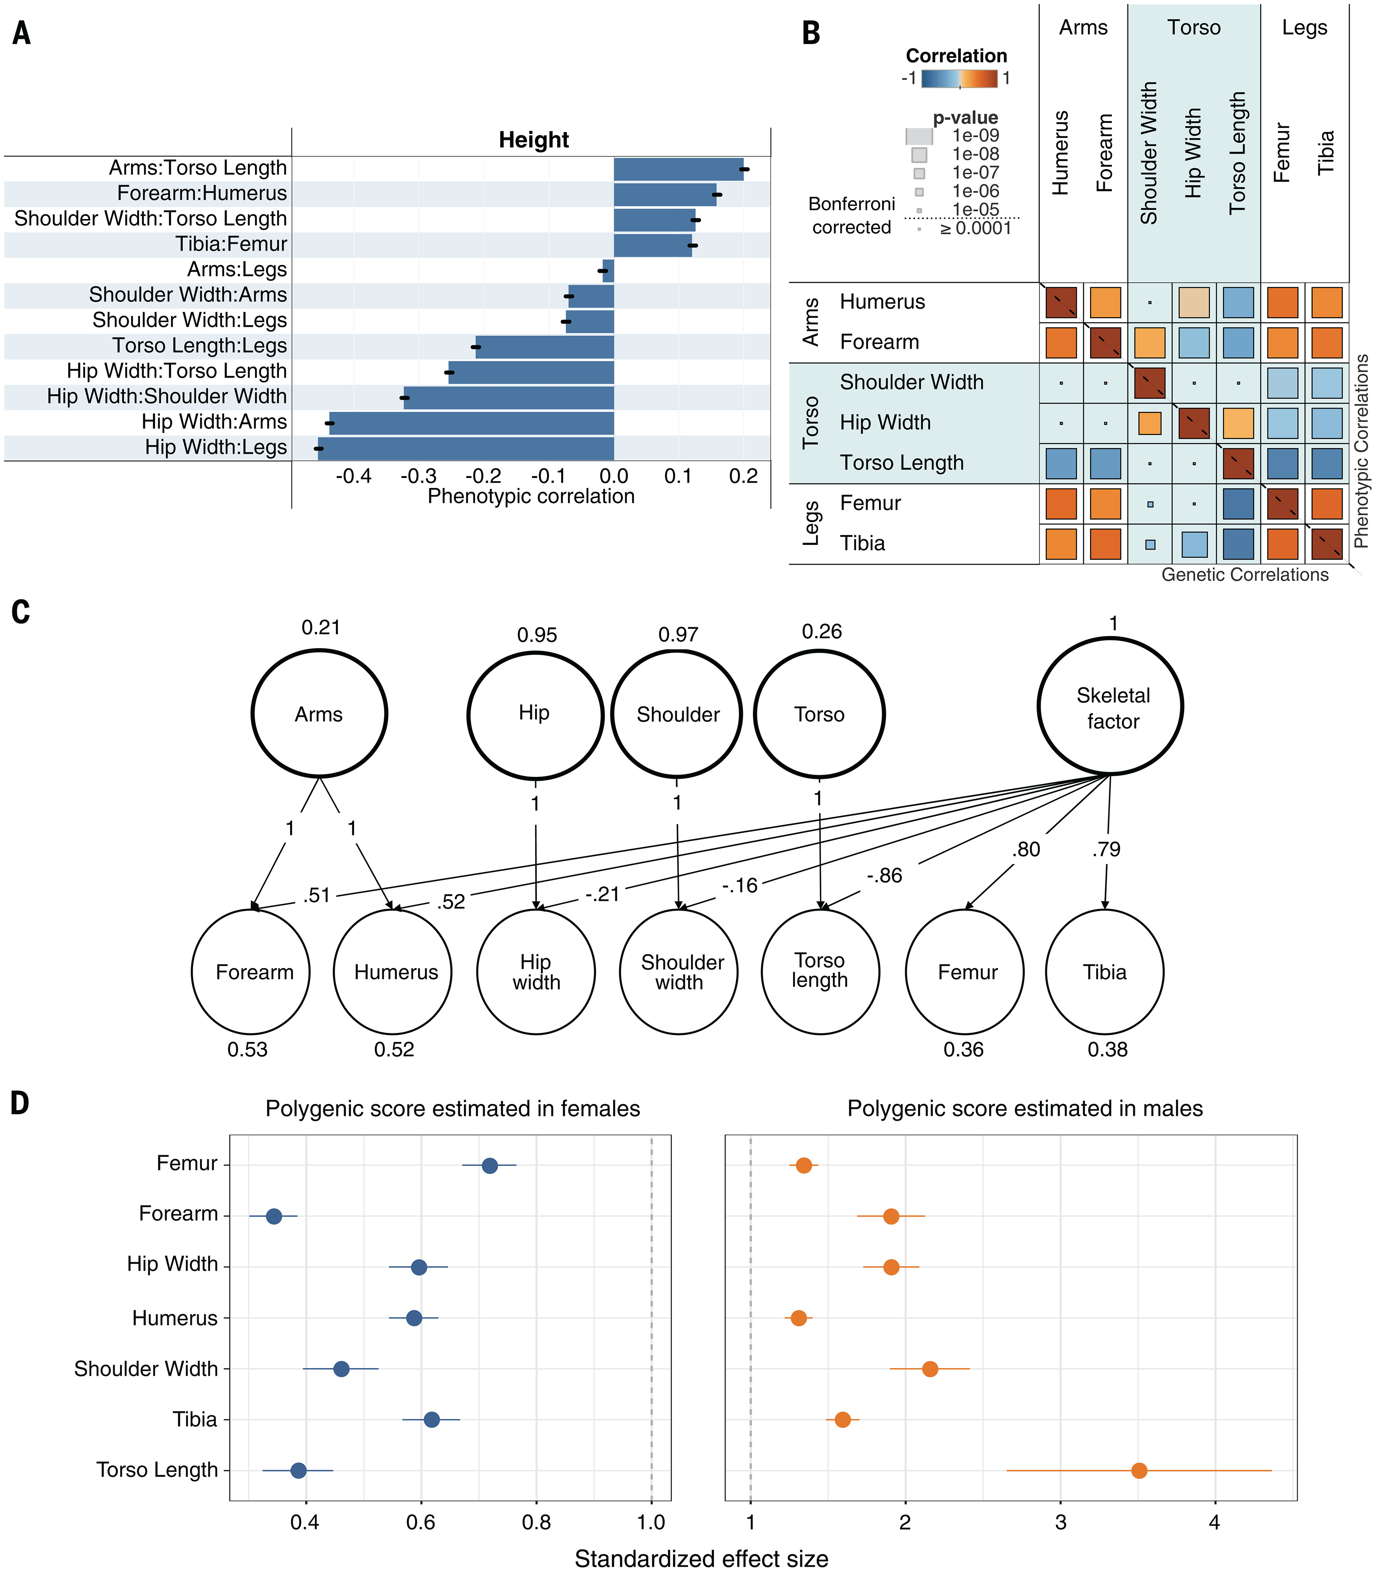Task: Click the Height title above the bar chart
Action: tap(534, 140)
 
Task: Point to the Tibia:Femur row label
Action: tap(231, 244)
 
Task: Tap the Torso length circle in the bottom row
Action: tap(820, 971)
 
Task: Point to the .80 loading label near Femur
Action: tap(1026, 849)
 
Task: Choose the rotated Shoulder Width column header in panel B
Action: tap(1149, 154)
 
